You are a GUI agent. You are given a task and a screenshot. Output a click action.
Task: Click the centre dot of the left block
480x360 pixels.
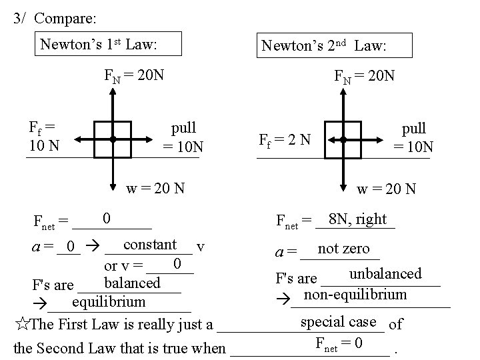(x=113, y=139)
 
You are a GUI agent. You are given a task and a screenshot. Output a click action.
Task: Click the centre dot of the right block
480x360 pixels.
(x=342, y=139)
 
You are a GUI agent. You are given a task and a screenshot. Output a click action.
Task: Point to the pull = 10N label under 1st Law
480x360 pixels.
(x=184, y=137)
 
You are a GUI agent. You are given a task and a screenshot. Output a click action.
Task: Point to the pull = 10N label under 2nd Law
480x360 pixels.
(x=414, y=137)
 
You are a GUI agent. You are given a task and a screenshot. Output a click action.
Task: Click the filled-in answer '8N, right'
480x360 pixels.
(x=357, y=219)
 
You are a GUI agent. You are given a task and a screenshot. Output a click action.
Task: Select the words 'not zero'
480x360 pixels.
(x=343, y=249)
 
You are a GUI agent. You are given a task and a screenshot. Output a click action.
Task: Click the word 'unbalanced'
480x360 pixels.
(x=385, y=273)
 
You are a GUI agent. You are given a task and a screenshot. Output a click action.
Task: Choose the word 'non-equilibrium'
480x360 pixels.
(x=355, y=294)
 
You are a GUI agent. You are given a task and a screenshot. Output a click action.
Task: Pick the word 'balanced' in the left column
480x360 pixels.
(x=133, y=282)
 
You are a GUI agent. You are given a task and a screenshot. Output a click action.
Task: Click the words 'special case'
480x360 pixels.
(x=339, y=321)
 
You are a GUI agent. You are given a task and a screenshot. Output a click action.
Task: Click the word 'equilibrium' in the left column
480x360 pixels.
(x=109, y=301)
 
